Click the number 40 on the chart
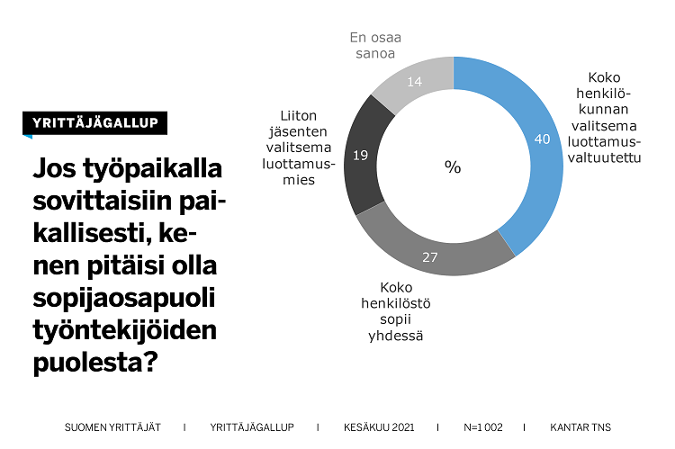[x=542, y=139]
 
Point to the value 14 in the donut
[x=414, y=82]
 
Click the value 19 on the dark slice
[x=360, y=156]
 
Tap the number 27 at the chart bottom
[x=430, y=257]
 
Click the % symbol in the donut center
[x=453, y=167]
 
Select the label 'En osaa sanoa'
[x=375, y=45]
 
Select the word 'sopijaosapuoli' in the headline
[x=126, y=299]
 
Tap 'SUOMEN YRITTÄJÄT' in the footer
[x=112, y=427]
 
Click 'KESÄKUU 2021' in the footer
[x=377, y=427]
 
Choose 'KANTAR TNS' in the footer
[x=580, y=427]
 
